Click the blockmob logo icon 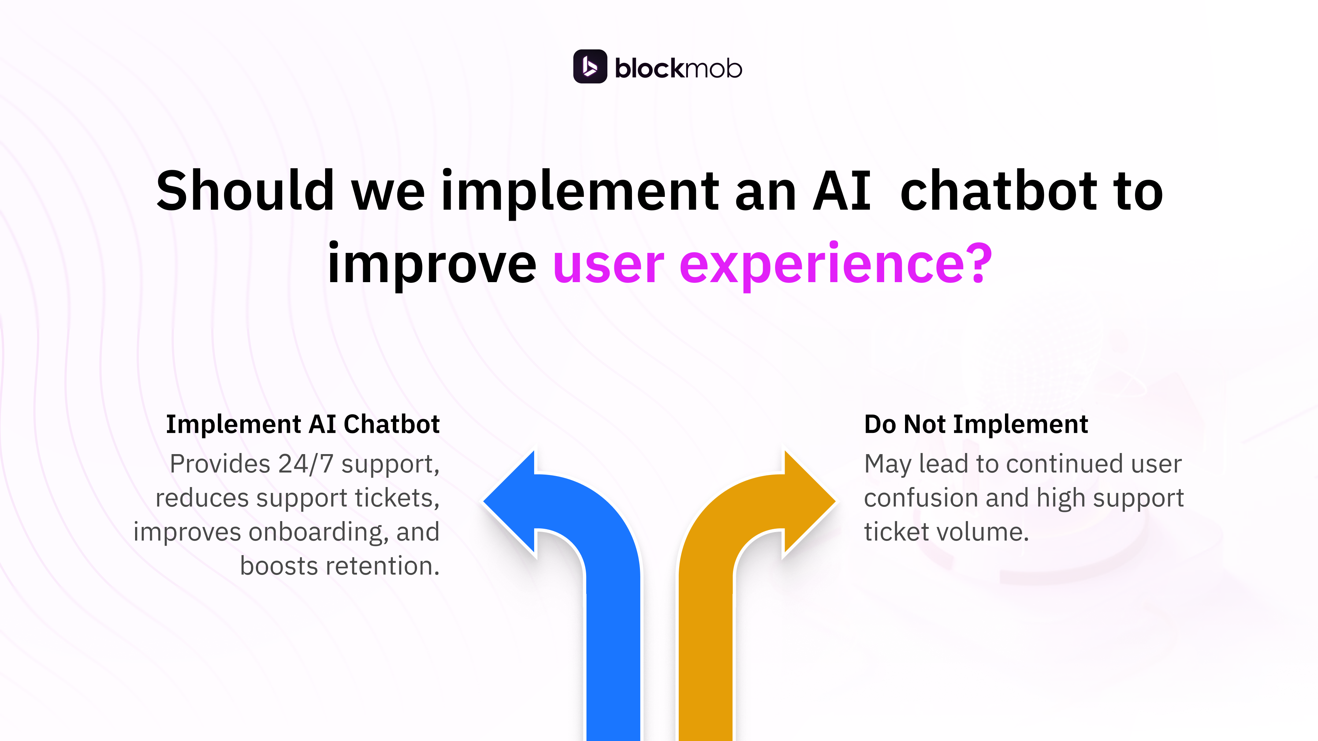(x=589, y=67)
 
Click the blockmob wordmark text (x=678, y=68)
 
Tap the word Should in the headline (x=245, y=191)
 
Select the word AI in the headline (x=842, y=191)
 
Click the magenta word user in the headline (x=608, y=265)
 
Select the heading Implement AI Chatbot (x=302, y=424)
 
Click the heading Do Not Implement (x=976, y=424)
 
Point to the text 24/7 (x=305, y=464)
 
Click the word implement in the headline (x=580, y=191)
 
